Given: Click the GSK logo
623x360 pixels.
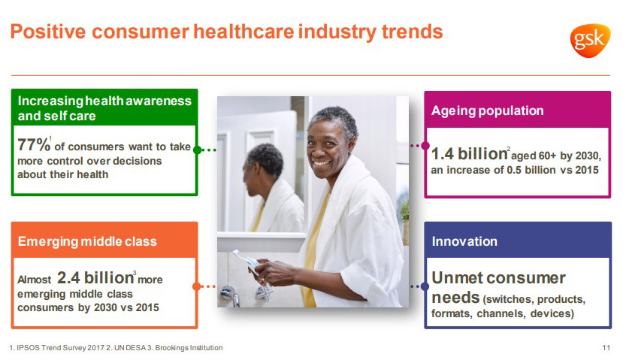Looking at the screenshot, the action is click(x=590, y=40).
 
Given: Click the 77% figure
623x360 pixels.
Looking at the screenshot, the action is click(x=34, y=145).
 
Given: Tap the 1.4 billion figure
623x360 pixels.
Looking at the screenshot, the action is click(x=469, y=154).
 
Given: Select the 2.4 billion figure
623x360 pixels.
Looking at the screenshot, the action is click(x=95, y=278).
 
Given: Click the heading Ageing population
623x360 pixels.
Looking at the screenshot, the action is click(x=488, y=110).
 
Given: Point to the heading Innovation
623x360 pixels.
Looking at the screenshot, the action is click(x=464, y=241).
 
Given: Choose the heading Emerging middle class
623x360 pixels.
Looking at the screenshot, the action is click(x=87, y=241).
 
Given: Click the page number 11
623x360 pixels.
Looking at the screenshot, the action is click(x=606, y=348).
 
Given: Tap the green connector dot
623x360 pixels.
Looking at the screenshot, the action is click(x=197, y=150).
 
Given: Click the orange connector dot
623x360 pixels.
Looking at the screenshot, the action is click(x=196, y=286).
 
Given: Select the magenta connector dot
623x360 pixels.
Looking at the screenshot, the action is click(x=425, y=146).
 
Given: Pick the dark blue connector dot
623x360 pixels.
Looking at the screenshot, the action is click(x=425, y=286).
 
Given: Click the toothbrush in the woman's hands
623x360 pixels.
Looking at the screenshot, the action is click(x=246, y=260).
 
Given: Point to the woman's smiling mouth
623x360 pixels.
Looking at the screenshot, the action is click(x=321, y=162).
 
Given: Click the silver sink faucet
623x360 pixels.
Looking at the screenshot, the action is click(x=231, y=295).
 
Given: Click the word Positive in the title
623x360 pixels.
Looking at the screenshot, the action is click(x=47, y=32).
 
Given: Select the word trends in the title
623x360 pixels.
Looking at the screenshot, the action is click(x=412, y=32).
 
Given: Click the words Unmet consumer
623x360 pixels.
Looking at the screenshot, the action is click(x=498, y=278).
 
